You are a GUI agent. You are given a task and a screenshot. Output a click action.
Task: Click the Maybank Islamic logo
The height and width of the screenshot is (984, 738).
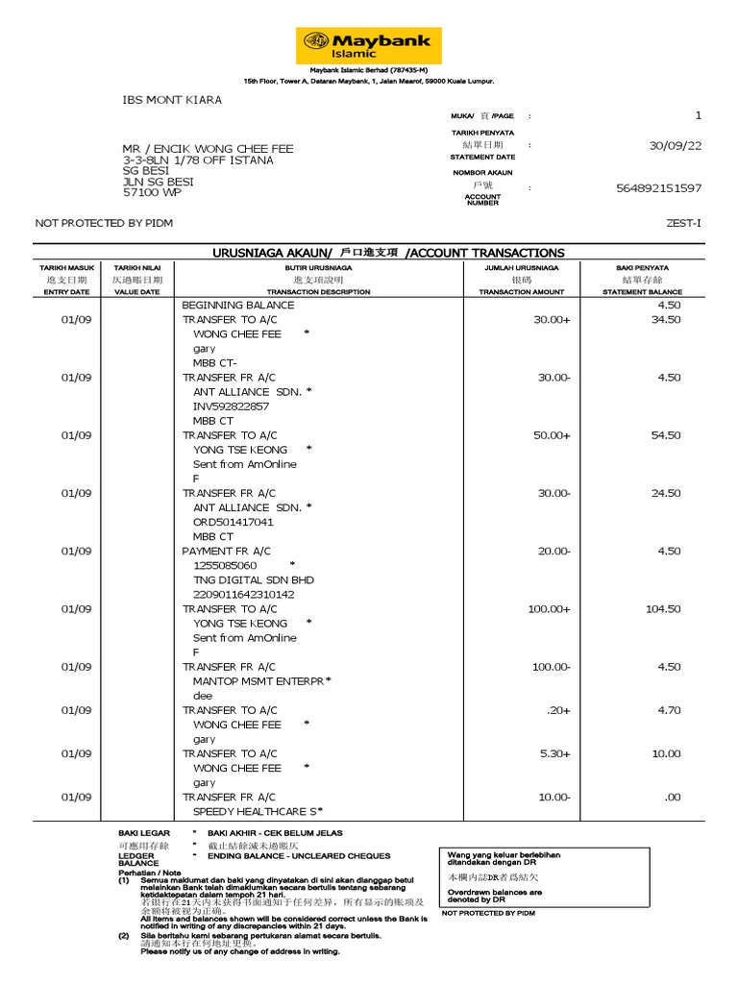(x=369, y=45)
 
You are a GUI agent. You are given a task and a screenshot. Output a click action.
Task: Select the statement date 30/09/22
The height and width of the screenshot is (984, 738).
(x=676, y=145)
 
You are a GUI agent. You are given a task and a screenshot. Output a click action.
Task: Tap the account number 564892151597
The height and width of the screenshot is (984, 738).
(x=658, y=188)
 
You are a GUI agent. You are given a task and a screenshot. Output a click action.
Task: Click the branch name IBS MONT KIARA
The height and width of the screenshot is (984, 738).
(x=172, y=100)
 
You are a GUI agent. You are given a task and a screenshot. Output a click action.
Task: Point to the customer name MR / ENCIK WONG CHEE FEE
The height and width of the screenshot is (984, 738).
(x=208, y=149)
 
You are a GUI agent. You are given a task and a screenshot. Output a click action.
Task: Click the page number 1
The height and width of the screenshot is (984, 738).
(x=699, y=115)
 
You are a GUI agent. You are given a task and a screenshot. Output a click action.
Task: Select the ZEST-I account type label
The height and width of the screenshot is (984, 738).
(x=683, y=223)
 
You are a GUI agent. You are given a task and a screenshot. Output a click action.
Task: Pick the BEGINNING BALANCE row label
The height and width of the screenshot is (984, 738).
(x=238, y=306)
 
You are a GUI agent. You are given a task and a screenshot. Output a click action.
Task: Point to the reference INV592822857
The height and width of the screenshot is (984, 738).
(x=231, y=406)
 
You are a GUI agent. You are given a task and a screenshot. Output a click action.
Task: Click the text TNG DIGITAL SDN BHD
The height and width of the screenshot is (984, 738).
(x=253, y=580)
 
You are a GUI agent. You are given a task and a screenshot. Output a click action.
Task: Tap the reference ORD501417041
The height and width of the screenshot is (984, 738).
(x=233, y=522)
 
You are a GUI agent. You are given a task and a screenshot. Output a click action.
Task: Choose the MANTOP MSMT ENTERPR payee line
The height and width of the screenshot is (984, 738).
(x=258, y=681)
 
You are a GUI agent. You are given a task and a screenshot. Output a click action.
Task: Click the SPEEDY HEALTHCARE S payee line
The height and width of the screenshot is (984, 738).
(x=255, y=812)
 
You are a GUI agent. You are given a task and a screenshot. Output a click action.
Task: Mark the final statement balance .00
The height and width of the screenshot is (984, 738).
(x=672, y=798)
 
